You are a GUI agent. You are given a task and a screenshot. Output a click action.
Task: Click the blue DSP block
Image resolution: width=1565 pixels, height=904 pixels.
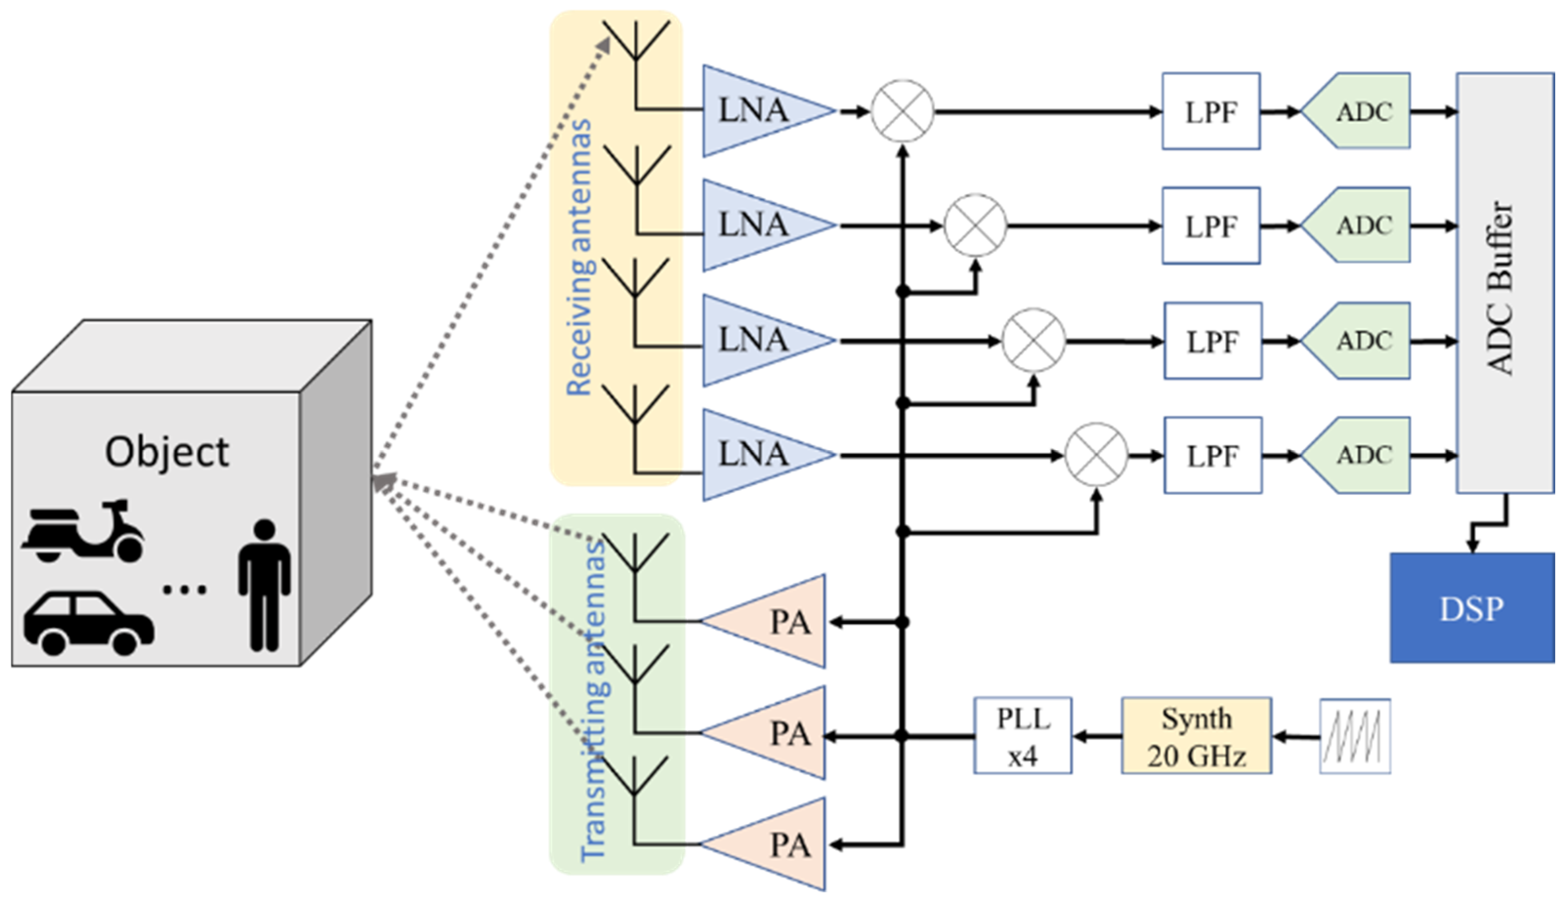(x=1472, y=609)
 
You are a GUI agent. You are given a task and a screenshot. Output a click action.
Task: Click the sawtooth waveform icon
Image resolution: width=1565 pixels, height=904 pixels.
(x=1355, y=737)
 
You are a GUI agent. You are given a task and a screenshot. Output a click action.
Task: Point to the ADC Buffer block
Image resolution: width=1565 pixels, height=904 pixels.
(x=1505, y=283)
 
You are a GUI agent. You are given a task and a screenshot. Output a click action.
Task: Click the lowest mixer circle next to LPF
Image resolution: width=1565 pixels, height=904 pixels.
(x=1096, y=455)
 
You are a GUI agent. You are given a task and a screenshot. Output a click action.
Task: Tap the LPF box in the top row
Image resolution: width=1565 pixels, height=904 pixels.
(x=1211, y=112)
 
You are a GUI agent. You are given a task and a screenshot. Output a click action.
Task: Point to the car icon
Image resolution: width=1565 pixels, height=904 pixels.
(x=89, y=623)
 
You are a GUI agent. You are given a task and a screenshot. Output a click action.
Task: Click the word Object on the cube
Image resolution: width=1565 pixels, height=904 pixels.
(x=167, y=452)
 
